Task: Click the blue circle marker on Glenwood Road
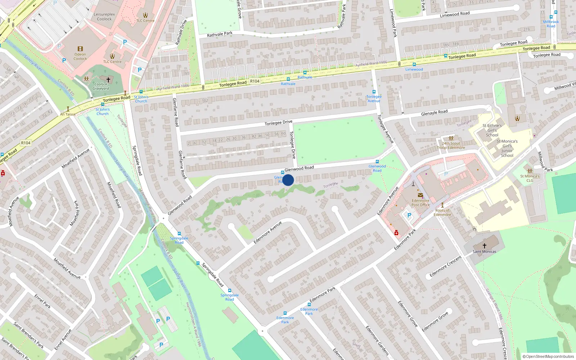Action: pyautogui.click(x=288, y=180)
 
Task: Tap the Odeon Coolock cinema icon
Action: pyautogui.click(x=80, y=49)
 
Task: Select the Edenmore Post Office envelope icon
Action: pyautogui.click(x=420, y=195)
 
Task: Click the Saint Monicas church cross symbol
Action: pyautogui.click(x=484, y=246)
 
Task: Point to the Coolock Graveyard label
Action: pyautogui.click(x=101, y=86)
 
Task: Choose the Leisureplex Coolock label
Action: pyautogui.click(x=104, y=17)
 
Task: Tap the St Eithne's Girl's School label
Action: pyautogui.click(x=492, y=130)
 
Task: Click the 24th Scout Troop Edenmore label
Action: pyautogui.click(x=451, y=145)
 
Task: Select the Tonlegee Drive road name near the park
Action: pyautogui.click(x=278, y=123)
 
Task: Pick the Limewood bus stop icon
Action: pyautogui.click(x=414, y=64)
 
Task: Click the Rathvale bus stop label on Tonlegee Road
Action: pyautogui.click(x=305, y=77)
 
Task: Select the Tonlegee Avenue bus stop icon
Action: pyautogui.click(x=374, y=92)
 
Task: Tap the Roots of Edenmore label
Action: pyautogui.click(x=442, y=212)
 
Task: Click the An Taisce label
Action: pyautogui.click(x=68, y=114)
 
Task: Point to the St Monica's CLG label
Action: pyautogui.click(x=530, y=178)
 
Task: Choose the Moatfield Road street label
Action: pyautogui.click(x=114, y=195)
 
